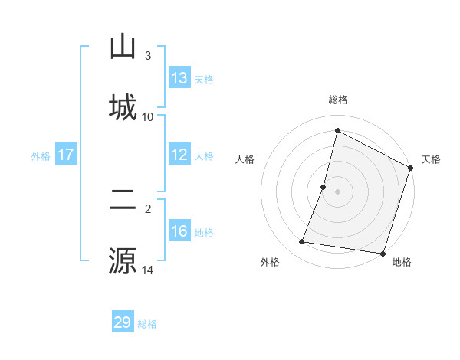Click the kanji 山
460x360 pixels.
(x=123, y=47)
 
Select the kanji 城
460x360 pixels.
(x=123, y=106)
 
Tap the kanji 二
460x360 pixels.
(x=123, y=201)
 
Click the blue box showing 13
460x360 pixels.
(x=179, y=78)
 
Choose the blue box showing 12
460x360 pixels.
(x=179, y=155)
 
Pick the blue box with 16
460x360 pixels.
(x=179, y=232)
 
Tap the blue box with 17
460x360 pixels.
(x=66, y=155)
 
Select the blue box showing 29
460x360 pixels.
(x=123, y=322)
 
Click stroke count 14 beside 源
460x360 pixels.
(x=148, y=270)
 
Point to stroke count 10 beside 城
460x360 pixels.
(x=148, y=116)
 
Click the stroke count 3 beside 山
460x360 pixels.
(x=148, y=56)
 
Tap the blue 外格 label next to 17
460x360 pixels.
(x=41, y=156)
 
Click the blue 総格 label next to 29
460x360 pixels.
(x=147, y=324)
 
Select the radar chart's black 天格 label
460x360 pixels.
(x=431, y=159)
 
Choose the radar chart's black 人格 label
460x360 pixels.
(x=245, y=159)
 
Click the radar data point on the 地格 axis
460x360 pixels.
(x=382, y=253)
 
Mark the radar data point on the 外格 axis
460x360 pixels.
(x=302, y=242)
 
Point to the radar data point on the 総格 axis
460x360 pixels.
(x=337, y=130)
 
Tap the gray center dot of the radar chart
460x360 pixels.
(x=337, y=191)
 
